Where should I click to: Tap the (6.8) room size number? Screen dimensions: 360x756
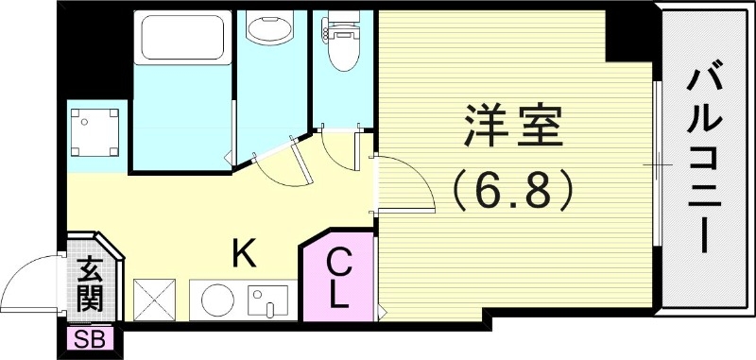[513, 192]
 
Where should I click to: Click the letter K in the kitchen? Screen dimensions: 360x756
[243, 253]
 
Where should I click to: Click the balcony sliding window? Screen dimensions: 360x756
[655, 165]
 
